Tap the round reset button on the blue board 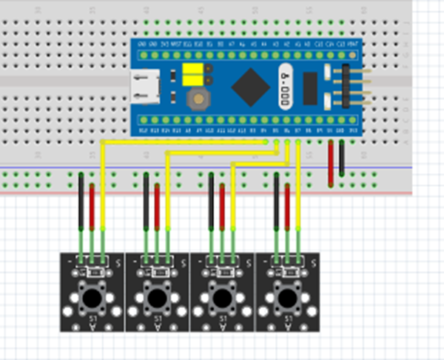[198, 99]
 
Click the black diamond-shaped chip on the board [250, 87]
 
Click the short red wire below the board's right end [330, 163]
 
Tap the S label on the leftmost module [118, 261]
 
